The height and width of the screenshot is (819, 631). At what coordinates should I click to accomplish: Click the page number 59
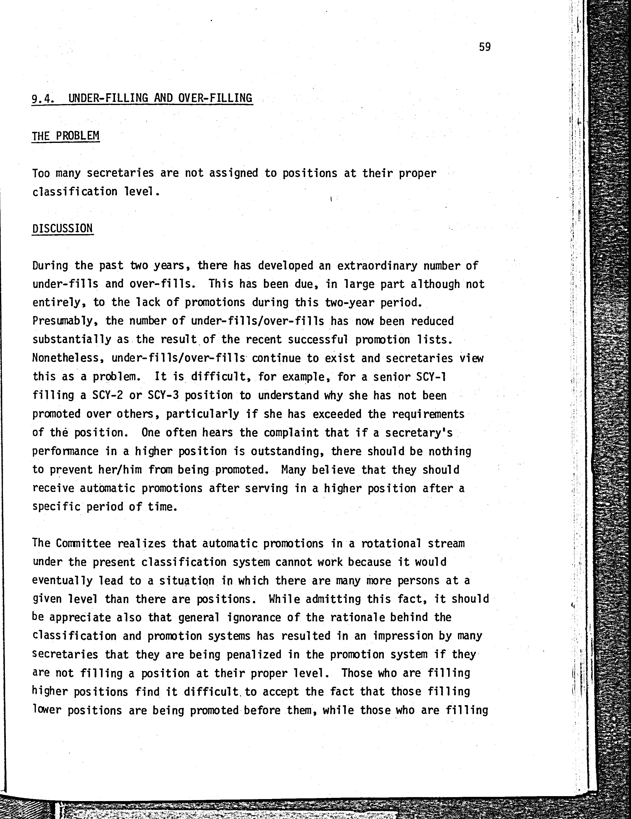point(485,47)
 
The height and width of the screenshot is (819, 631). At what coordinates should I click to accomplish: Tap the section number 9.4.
point(44,99)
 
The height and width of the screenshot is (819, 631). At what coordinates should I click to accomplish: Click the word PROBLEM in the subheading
point(78,136)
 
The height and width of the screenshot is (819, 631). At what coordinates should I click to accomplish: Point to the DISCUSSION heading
point(63,228)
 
